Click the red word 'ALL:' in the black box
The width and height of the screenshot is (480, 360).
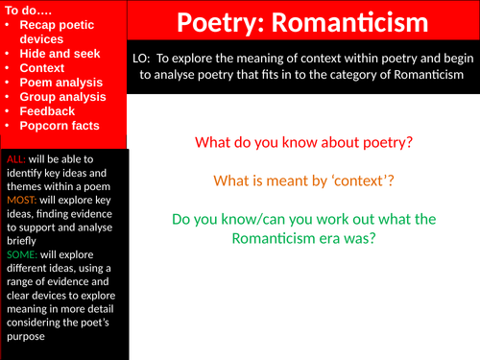tap(17, 157)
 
